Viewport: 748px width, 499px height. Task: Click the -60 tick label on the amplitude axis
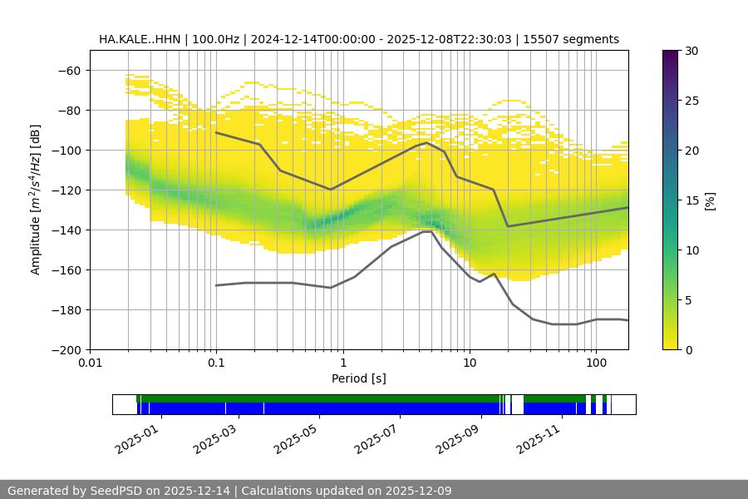(x=70, y=70)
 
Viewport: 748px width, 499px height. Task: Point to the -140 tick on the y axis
(x=70, y=230)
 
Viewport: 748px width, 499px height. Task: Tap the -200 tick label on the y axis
(x=66, y=349)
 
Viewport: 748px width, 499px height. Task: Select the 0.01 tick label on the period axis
(x=90, y=363)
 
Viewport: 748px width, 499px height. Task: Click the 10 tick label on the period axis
(x=469, y=363)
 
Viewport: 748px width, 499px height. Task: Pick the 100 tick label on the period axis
(x=595, y=363)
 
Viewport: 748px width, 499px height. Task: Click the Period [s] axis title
(x=359, y=378)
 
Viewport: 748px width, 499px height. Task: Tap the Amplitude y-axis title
(x=36, y=200)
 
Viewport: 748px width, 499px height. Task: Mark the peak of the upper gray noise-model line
(x=427, y=142)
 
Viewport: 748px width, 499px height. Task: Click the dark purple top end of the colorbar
(x=671, y=53)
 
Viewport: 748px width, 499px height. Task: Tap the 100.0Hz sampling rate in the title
(x=219, y=39)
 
